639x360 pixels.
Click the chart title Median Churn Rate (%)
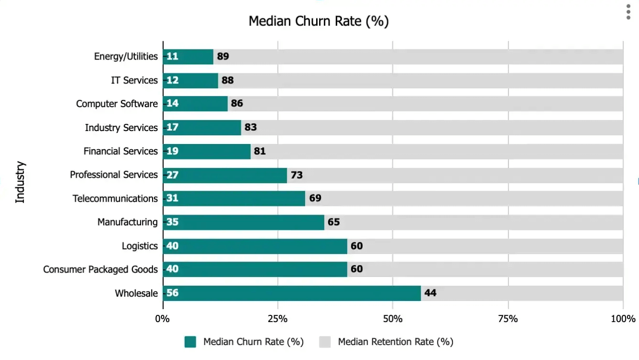pos(319,22)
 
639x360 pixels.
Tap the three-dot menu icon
pos(628,12)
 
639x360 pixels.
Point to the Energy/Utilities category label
pos(126,57)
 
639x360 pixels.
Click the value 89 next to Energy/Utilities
pos(223,57)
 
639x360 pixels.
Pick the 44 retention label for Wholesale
pos(430,293)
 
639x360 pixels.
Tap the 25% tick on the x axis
pos(278,319)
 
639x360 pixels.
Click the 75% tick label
pos(508,319)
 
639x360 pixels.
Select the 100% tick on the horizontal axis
pos(623,319)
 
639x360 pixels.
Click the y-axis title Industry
pos(20,182)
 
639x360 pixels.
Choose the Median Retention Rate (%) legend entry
pos(395,342)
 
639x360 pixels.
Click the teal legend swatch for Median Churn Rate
pos(190,342)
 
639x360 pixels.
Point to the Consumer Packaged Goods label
pos(100,269)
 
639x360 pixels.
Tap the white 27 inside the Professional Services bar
pos(172,175)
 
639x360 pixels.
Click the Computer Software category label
pos(117,104)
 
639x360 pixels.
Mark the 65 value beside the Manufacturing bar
pos(333,222)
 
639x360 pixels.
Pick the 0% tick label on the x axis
pos(163,319)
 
